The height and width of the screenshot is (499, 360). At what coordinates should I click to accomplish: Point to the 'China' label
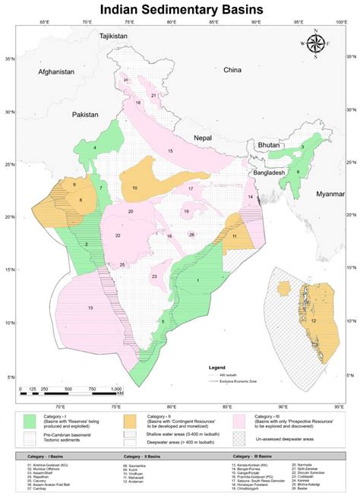[x=232, y=70]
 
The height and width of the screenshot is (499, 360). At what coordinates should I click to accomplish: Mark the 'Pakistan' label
[x=85, y=115]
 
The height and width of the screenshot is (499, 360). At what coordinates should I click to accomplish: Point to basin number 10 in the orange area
[x=134, y=188]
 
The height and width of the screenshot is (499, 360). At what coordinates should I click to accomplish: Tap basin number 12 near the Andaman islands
[x=313, y=321]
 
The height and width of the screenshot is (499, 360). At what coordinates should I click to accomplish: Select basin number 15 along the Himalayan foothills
[x=170, y=152]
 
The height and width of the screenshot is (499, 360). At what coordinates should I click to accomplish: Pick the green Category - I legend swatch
[x=32, y=420]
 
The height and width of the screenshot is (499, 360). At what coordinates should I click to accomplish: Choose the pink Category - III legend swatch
[x=241, y=420]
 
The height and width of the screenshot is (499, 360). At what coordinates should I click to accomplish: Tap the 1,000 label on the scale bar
[x=115, y=390]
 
